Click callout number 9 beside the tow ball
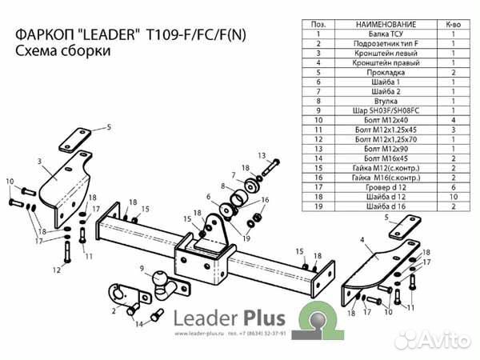click(141, 269)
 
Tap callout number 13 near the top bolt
click(260, 154)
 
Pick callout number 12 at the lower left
click(57, 270)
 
